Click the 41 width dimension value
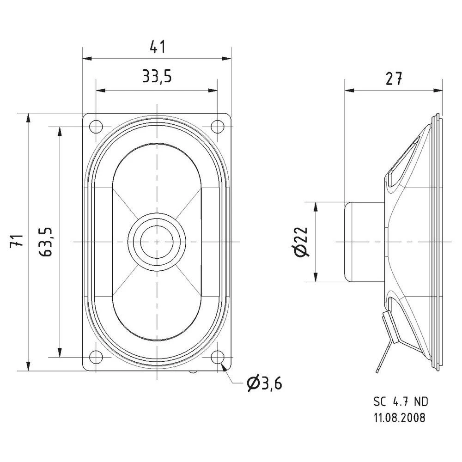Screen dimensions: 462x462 (157, 47)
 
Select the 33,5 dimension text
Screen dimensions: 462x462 (157, 76)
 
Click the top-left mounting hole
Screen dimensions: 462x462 (97, 126)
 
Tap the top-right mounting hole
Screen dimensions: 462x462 (217, 126)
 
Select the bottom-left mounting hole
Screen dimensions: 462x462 (97, 357)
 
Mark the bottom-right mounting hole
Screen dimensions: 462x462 (217, 357)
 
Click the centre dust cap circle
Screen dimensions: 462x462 (157, 241)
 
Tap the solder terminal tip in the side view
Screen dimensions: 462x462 (378, 369)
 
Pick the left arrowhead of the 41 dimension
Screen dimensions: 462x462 (86, 59)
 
